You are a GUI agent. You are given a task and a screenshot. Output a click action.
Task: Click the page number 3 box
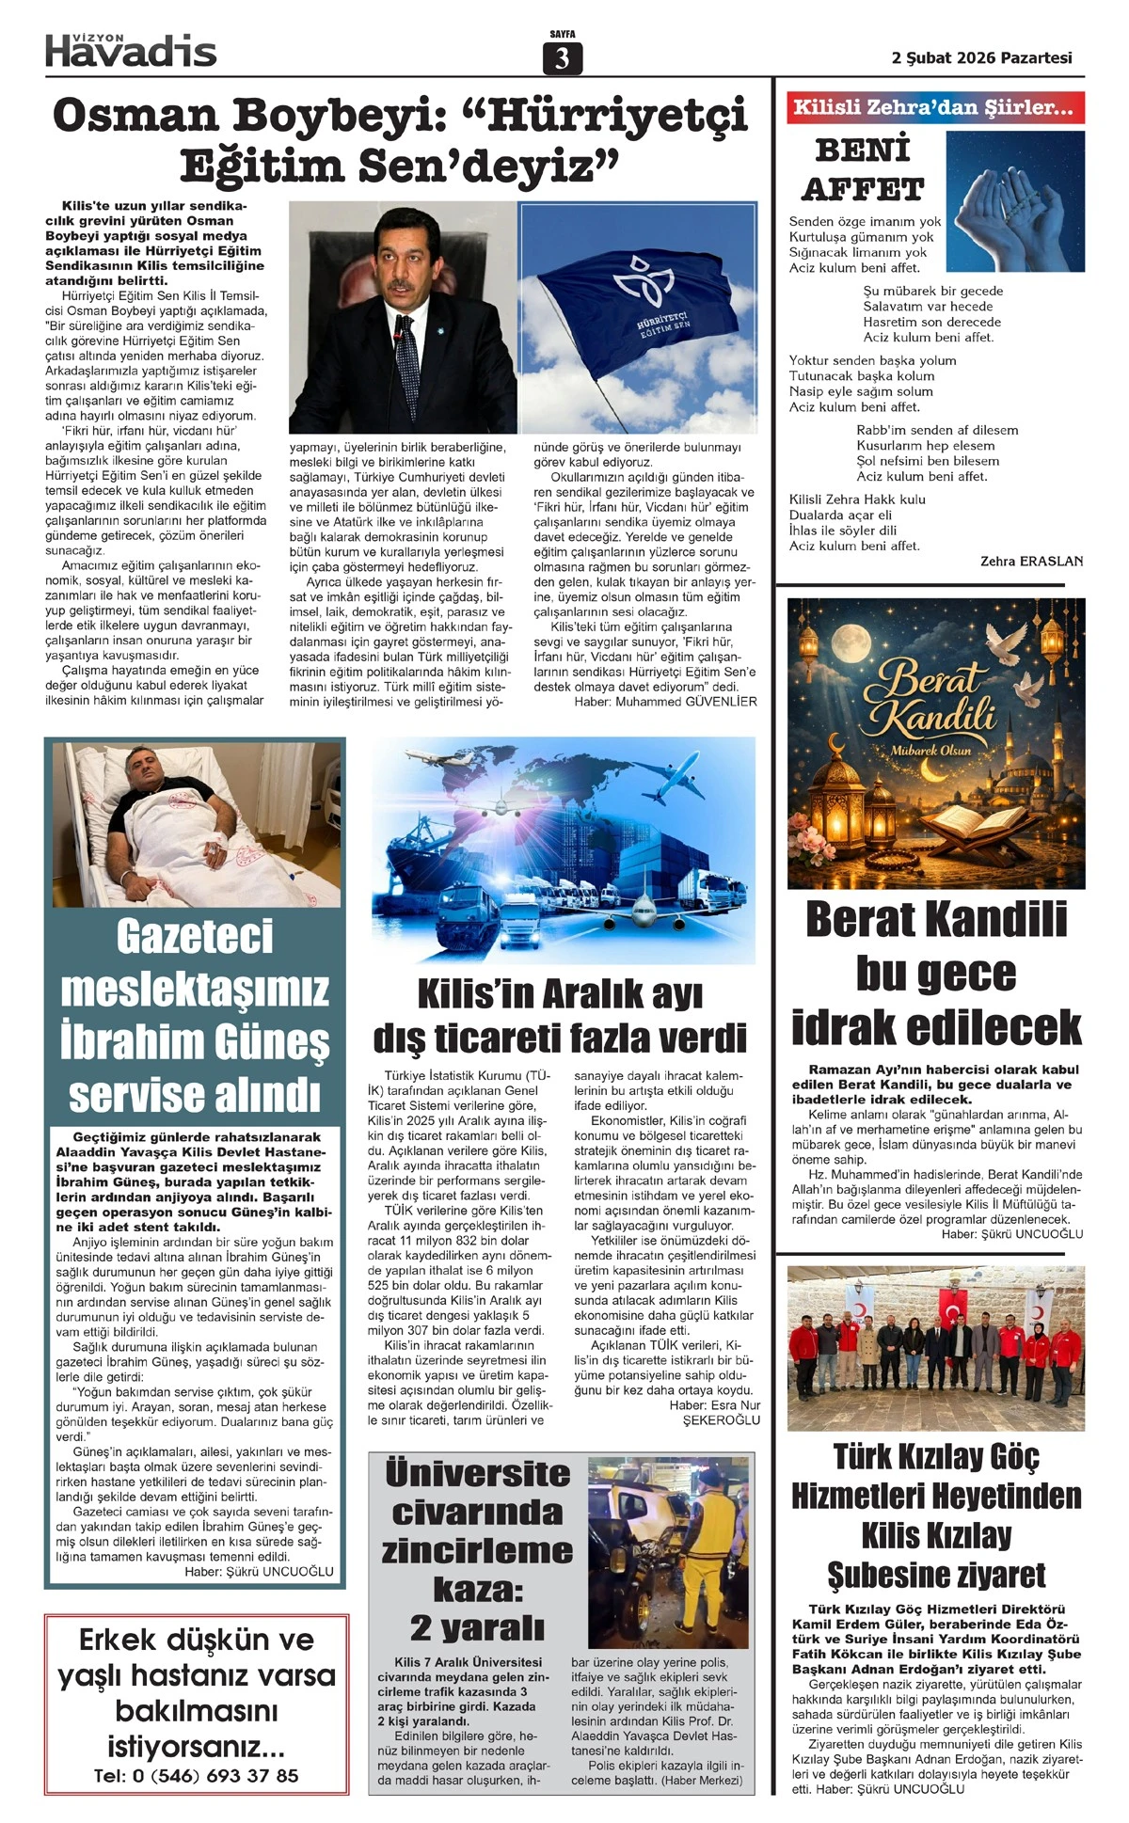(x=563, y=58)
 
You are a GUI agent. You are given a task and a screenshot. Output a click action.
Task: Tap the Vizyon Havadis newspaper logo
(x=131, y=49)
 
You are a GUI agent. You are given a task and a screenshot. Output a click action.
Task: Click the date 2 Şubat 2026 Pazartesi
(x=981, y=57)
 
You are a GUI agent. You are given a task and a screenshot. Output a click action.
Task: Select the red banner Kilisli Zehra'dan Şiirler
(x=935, y=107)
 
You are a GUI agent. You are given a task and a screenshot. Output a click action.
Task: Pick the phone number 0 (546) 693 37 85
(x=196, y=1776)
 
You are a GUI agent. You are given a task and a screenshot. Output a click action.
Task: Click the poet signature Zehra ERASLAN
(x=1031, y=562)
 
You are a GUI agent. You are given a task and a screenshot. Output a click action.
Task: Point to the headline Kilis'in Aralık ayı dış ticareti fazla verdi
(x=561, y=1016)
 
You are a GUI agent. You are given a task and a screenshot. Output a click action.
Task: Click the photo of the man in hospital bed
(x=196, y=824)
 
